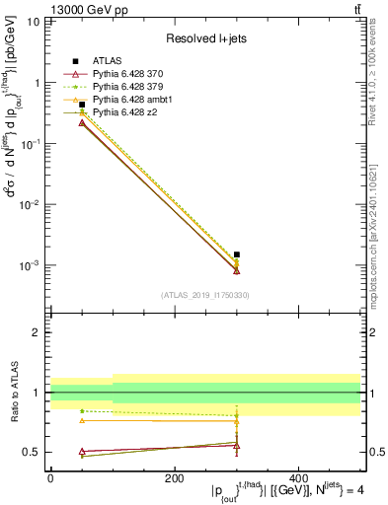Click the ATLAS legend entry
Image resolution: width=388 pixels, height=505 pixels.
point(109,61)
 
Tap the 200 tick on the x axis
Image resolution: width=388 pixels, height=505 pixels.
point(175,477)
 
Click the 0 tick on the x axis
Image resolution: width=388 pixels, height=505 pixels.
point(50,477)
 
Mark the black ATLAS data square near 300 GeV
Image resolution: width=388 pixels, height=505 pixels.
point(237,254)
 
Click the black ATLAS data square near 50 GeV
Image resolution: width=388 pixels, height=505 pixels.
point(82,105)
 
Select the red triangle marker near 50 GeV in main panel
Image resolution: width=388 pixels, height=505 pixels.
point(82,122)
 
